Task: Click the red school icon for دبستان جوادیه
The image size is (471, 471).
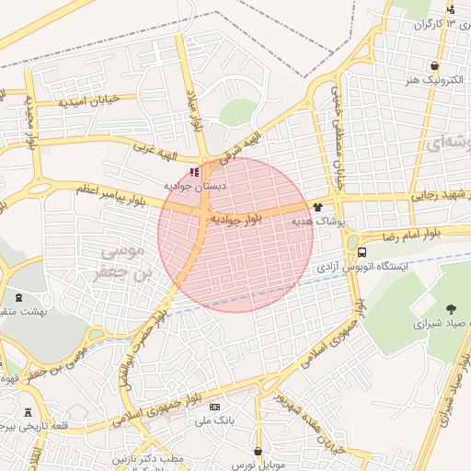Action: click(x=194, y=172)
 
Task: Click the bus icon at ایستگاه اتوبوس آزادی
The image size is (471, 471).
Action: click(x=362, y=251)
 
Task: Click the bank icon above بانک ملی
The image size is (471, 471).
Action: click(x=215, y=407)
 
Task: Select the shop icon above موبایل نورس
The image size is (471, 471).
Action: click(x=258, y=452)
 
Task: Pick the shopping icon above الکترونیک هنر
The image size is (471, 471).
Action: click(x=433, y=65)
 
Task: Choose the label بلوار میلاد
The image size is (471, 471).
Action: click(x=194, y=110)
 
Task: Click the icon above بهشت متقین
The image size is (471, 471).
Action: click(x=20, y=298)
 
